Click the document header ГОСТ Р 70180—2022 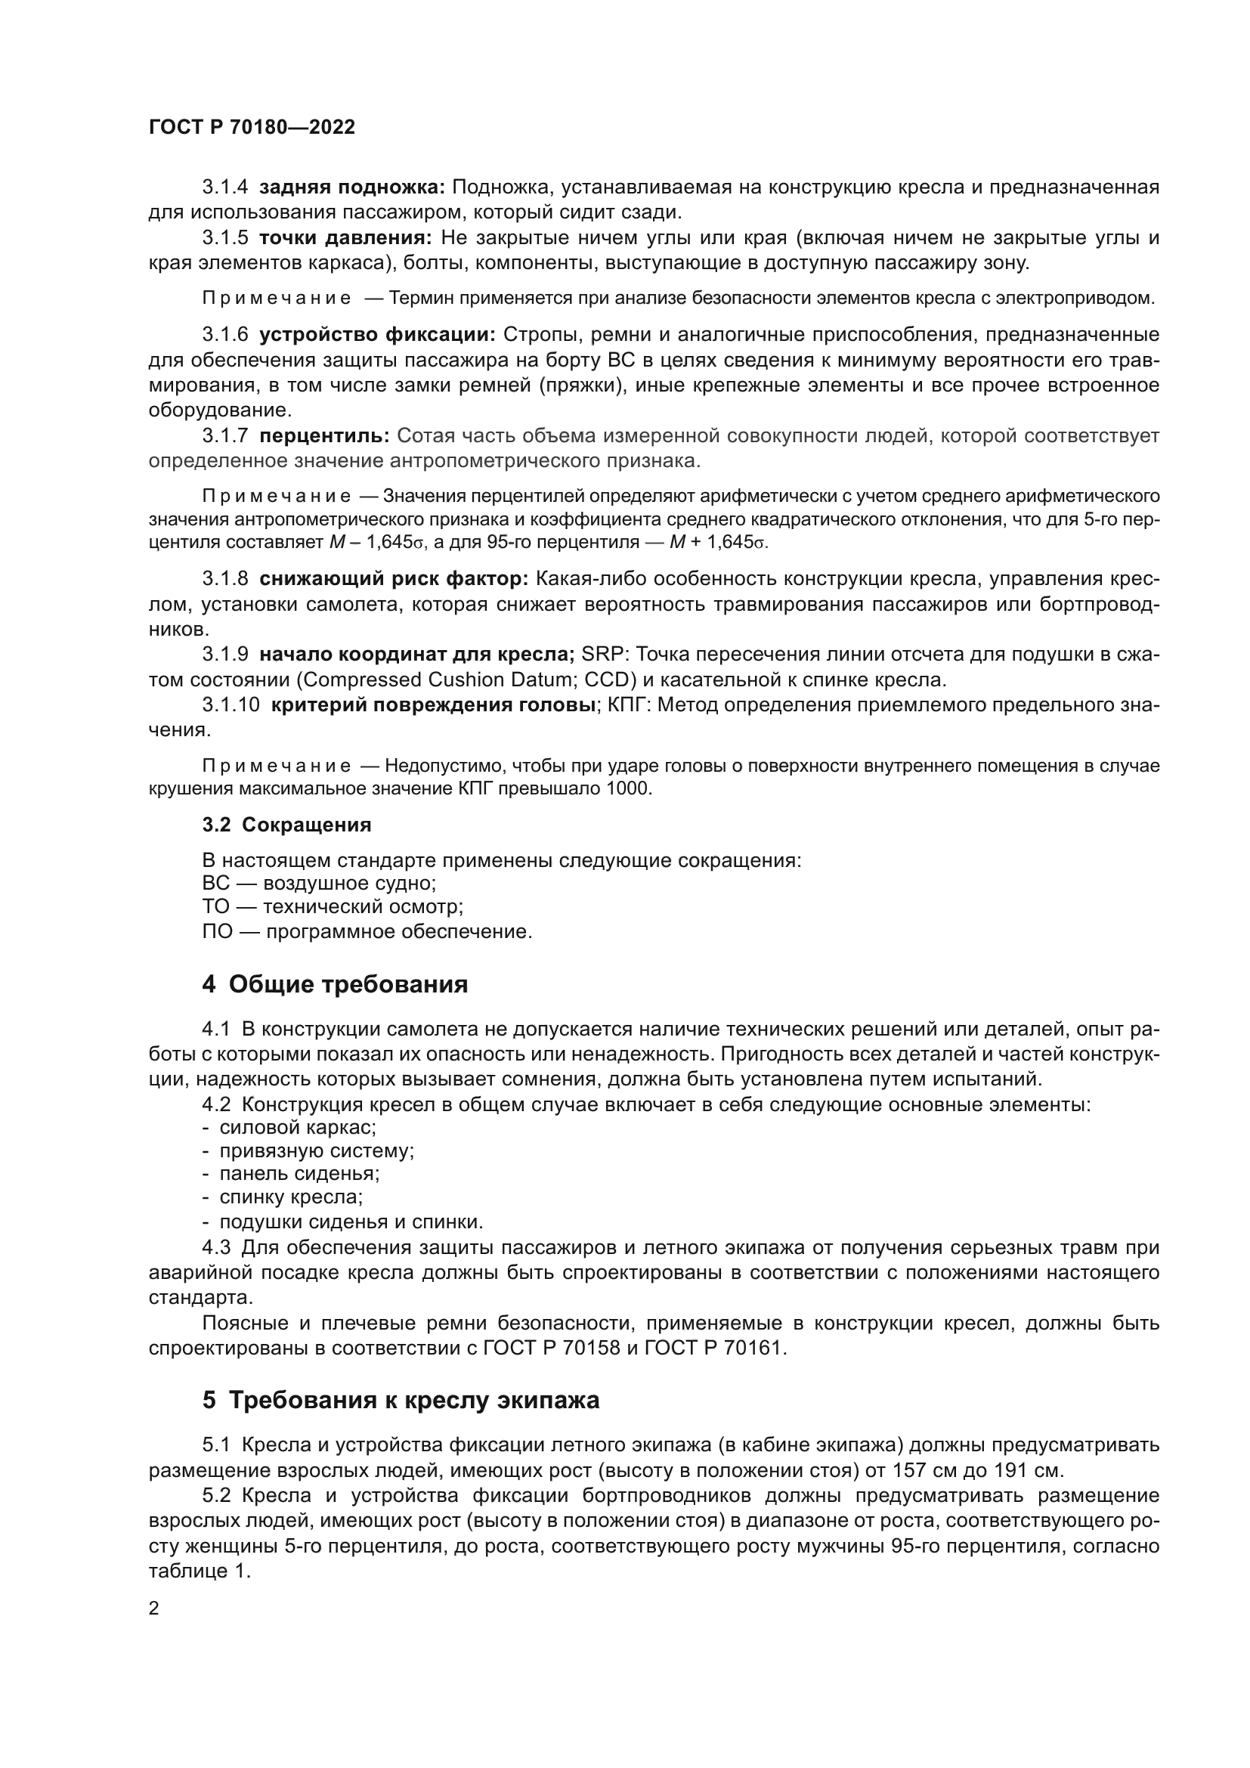pyautogui.click(x=252, y=128)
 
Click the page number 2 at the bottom pyautogui.click(x=154, y=1608)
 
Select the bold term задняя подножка pyautogui.click(x=351, y=187)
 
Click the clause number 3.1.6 pyautogui.click(x=224, y=334)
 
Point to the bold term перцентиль pyautogui.click(x=324, y=436)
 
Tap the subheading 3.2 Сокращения pyautogui.click(x=286, y=825)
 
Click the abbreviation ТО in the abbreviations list pyautogui.click(x=215, y=907)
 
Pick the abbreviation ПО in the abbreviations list pyautogui.click(x=216, y=932)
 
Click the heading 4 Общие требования pyautogui.click(x=335, y=984)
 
